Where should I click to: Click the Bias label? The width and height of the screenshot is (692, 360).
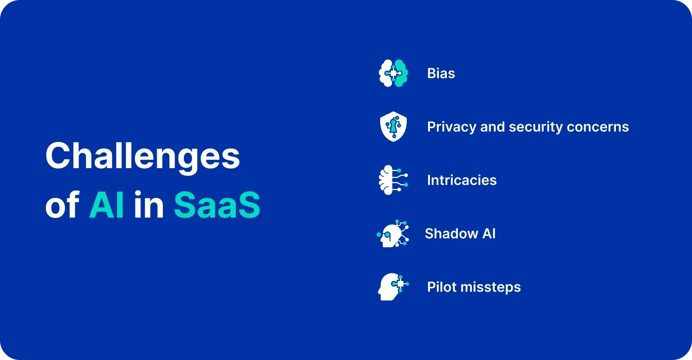[x=441, y=74]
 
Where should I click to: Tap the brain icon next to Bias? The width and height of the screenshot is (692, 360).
[x=393, y=74]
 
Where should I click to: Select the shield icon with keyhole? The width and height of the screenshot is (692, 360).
[x=393, y=127]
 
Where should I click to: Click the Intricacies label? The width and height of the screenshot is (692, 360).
[x=462, y=180]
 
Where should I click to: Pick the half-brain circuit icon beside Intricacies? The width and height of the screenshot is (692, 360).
[x=392, y=180]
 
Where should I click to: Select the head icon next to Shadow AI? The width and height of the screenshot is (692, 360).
[x=392, y=233]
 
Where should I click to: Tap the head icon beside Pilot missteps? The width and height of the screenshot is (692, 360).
[x=392, y=287]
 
